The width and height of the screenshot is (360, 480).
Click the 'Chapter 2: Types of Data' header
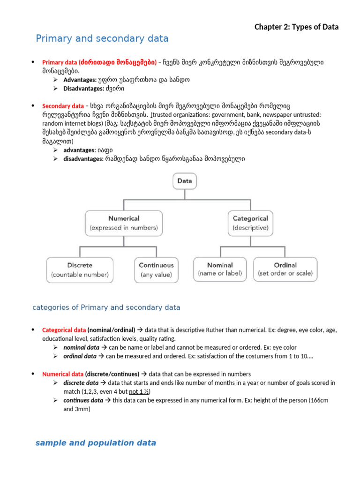[x=296, y=27]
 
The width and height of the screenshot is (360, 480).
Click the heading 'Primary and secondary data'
[x=102, y=38]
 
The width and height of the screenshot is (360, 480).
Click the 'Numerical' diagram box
[x=124, y=223]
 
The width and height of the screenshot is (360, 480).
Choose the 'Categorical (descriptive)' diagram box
[x=250, y=223]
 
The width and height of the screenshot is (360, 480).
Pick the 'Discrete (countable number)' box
[x=79, y=270]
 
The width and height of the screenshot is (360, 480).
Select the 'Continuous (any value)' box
[x=156, y=270]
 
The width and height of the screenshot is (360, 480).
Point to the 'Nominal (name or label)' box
[x=220, y=269]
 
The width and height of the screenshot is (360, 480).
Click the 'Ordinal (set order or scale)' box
[x=285, y=269]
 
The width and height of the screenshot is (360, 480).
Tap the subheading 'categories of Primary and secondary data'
[x=106, y=307]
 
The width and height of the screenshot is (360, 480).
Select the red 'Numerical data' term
[x=63, y=374]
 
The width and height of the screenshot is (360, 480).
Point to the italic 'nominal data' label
[x=81, y=348]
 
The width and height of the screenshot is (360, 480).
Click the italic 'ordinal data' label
[x=80, y=356]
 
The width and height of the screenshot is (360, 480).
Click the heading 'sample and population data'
[x=96, y=443]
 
